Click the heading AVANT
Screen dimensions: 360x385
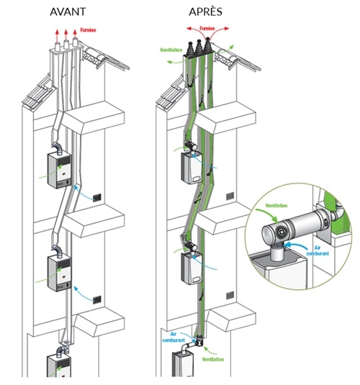68,12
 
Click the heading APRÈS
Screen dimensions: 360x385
205,12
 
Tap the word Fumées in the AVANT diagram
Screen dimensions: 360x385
88,30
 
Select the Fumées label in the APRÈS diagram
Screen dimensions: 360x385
207,29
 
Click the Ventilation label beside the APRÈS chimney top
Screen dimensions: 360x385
171,50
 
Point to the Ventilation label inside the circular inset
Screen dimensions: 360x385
276,205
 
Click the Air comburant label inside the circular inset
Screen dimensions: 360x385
318,250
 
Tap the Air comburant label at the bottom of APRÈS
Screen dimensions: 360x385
174,338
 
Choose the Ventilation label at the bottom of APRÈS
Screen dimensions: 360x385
213,360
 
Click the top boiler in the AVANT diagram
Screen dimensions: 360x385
59,171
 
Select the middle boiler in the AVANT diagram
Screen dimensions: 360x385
59,273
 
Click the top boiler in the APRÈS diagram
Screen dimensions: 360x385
192,167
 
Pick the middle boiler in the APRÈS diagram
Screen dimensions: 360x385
192,268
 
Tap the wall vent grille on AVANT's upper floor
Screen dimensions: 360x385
97,197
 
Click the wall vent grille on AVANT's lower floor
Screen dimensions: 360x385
97,300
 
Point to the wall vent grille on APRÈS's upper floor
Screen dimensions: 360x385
230,196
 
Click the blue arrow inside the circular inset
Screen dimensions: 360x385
294,245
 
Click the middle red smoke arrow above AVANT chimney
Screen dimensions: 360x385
66,35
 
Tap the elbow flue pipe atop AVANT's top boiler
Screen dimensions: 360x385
58,148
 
